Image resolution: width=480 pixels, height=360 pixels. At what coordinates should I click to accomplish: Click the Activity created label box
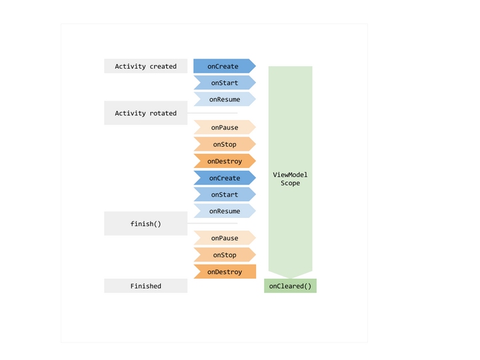click(x=146, y=66)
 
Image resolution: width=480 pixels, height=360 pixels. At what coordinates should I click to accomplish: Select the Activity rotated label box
click(x=146, y=113)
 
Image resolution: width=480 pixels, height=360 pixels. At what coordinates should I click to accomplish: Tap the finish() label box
click(x=146, y=223)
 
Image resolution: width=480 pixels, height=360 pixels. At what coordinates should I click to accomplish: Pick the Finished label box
click(x=146, y=286)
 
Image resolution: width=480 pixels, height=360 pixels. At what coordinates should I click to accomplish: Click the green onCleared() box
click(x=290, y=286)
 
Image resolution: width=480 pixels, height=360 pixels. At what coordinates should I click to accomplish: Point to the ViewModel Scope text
click(x=290, y=179)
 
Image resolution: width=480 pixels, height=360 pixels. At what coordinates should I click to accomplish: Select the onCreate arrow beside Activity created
click(x=225, y=66)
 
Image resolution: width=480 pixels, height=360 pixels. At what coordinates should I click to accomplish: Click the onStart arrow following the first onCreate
click(x=225, y=83)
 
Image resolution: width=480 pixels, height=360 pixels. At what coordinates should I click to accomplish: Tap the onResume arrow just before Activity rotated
click(x=225, y=99)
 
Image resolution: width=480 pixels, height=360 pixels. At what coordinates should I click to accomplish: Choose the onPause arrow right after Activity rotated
click(x=225, y=127)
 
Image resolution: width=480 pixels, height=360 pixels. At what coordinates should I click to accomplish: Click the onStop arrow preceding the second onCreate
click(x=225, y=144)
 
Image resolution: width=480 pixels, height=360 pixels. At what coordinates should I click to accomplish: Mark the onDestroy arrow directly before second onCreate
click(x=225, y=161)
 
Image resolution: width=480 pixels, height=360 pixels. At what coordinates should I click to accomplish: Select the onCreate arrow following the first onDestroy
click(x=225, y=178)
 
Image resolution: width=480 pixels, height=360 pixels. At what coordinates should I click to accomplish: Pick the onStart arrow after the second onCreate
click(x=225, y=195)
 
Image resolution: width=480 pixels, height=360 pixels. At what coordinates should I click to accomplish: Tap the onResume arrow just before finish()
click(x=225, y=211)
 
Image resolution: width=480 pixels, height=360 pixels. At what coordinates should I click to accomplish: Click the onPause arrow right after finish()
click(x=225, y=238)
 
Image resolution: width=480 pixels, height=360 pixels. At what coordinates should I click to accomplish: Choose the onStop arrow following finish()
click(x=225, y=255)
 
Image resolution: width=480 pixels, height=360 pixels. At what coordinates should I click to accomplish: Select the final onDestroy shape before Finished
click(x=225, y=271)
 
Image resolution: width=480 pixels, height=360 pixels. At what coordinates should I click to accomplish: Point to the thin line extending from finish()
click(x=213, y=223)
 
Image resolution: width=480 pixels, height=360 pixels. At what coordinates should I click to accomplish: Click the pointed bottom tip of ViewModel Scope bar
click(x=290, y=278)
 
